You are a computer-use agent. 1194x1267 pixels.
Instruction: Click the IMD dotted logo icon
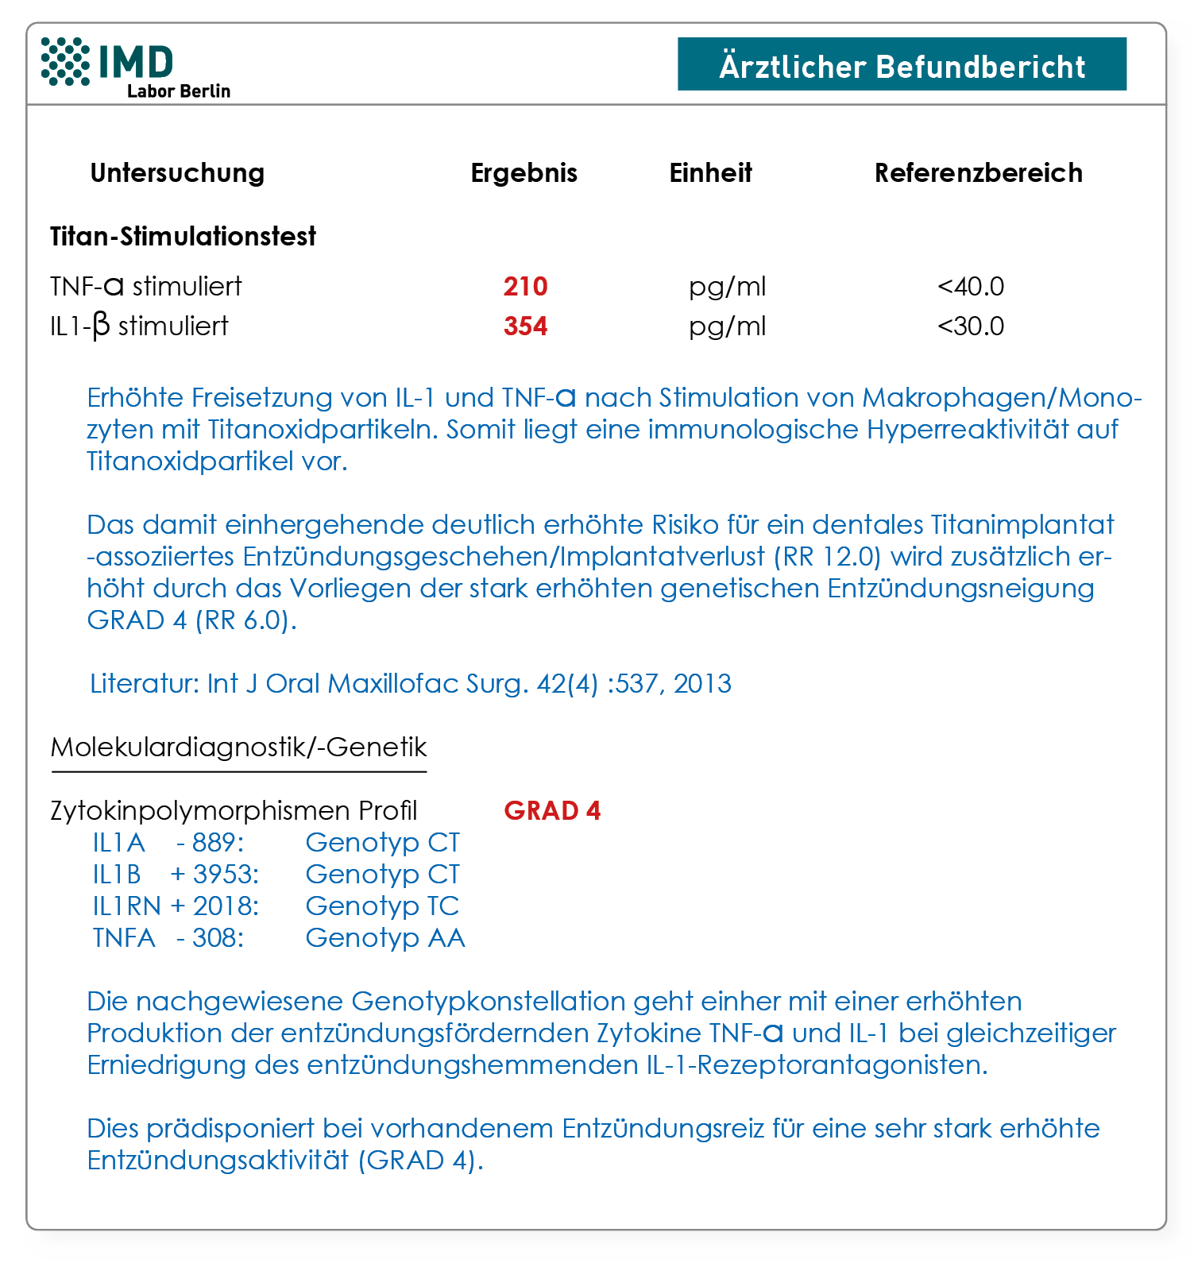[x=65, y=61]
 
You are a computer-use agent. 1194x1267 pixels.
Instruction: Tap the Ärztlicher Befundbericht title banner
[x=902, y=64]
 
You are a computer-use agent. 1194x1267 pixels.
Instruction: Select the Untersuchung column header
[x=177, y=172]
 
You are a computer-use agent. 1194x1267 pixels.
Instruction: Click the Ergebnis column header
[x=524, y=172]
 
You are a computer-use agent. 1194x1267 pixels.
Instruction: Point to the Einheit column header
[x=710, y=172]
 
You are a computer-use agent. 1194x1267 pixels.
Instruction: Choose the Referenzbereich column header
[x=978, y=172]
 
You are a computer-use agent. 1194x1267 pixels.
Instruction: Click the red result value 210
[x=525, y=286]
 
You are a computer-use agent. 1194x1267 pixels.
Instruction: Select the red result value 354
[x=525, y=326]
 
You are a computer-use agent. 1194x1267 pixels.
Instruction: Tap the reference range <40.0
[x=971, y=286]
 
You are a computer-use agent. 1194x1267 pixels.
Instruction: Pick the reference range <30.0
[x=971, y=326]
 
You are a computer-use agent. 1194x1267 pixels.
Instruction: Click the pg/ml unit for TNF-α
[x=727, y=286]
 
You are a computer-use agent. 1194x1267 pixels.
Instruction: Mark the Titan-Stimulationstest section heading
[x=183, y=236]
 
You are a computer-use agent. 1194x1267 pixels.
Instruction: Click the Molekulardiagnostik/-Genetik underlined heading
[x=238, y=747]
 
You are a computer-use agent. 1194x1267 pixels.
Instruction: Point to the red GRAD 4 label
[x=552, y=810]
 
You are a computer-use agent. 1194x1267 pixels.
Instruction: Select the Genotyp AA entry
[x=385, y=937]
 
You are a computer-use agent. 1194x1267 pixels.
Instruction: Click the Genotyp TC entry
[x=382, y=906]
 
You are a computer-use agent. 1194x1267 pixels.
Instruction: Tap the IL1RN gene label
[x=126, y=906]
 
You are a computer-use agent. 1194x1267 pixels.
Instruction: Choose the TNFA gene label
[x=123, y=937]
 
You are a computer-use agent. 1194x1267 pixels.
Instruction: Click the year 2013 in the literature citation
[x=702, y=683]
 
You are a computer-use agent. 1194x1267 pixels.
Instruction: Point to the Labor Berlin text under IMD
[x=179, y=91]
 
